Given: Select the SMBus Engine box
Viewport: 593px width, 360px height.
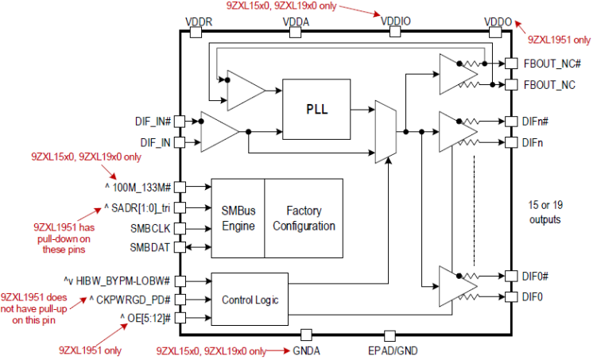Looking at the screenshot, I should pyautogui.click(x=237, y=217).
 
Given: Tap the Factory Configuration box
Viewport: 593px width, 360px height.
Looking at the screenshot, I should pyautogui.click(x=304, y=217).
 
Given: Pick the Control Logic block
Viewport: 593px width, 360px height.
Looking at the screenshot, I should pyautogui.click(x=250, y=300).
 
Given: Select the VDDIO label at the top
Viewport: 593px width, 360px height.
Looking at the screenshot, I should pyautogui.click(x=395, y=21).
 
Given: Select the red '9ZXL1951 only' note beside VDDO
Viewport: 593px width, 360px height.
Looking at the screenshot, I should pyautogui.click(x=559, y=38).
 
